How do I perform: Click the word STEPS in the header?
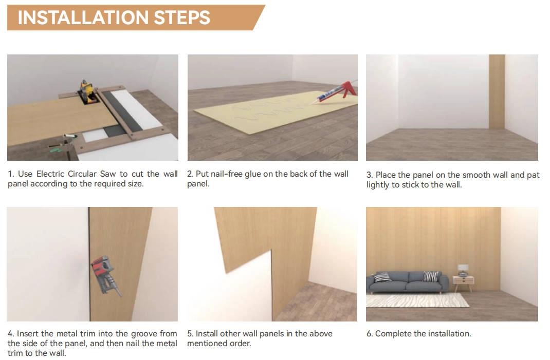point(182,17)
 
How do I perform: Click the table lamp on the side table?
point(463,270)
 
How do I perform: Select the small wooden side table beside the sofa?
point(463,283)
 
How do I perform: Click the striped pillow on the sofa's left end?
point(382,277)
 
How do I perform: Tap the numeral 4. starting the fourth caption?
point(11,334)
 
